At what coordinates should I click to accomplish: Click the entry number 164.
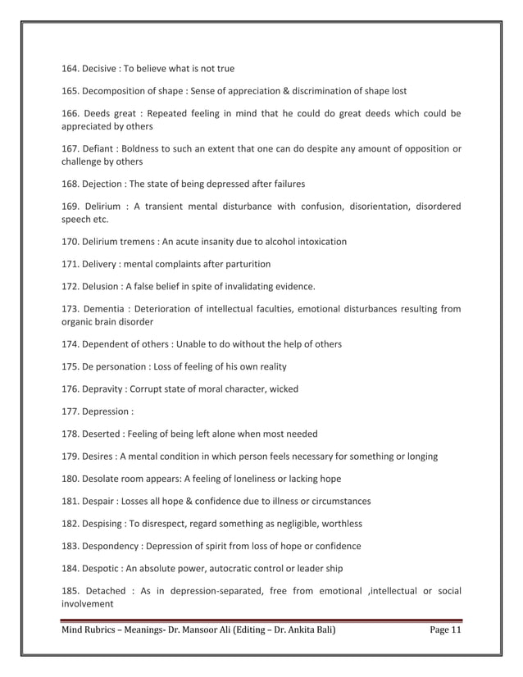pos(71,68)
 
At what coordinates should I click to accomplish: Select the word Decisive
pos(104,68)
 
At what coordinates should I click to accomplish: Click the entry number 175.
pos(71,366)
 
